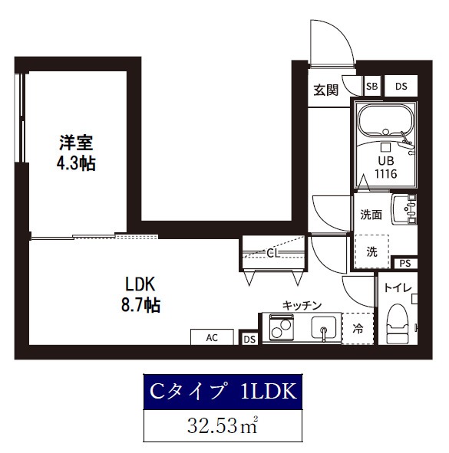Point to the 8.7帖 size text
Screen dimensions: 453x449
coord(140,305)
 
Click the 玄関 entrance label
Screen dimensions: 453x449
coord(325,90)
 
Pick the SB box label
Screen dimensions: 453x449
coord(371,87)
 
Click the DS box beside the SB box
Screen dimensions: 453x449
coord(401,87)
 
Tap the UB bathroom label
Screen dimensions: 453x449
coord(385,161)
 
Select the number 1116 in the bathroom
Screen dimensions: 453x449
coord(385,175)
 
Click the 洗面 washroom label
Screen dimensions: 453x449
coord(371,215)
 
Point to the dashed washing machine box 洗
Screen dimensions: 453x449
coord(371,251)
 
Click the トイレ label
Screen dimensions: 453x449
coord(398,289)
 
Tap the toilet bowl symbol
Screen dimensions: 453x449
coord(398,327)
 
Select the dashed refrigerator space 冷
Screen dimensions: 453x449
coord(358,329)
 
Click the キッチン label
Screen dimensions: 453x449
coord(302,305)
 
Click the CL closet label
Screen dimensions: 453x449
coord(272,252)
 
